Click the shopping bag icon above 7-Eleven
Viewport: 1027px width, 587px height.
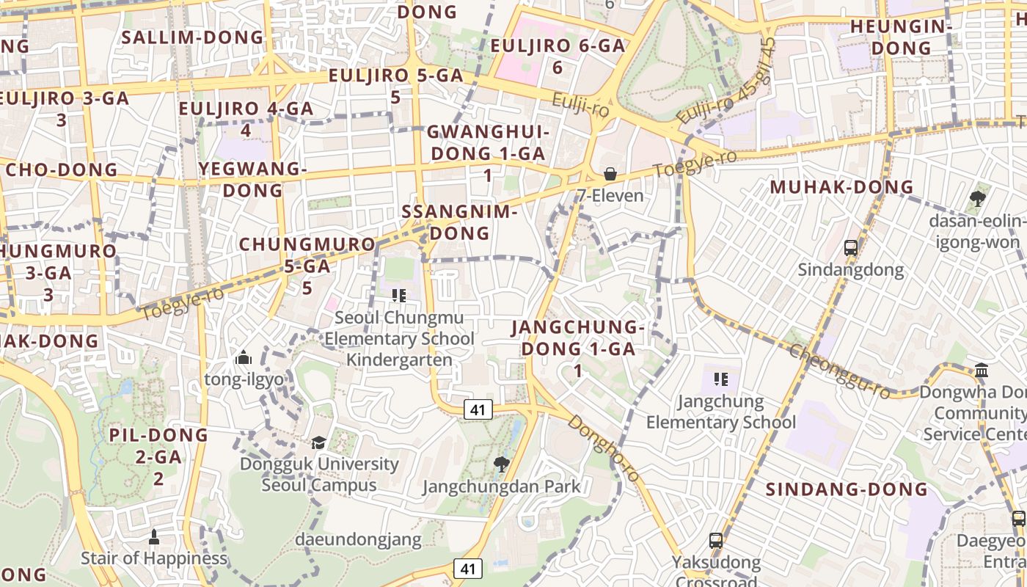(x=610, y=174)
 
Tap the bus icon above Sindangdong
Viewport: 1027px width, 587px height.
(x=851, y=248)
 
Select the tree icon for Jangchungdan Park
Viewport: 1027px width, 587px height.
(x=502, y=464)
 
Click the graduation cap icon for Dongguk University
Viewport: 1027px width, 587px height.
(x=318, y=442)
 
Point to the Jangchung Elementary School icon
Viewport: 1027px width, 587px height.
(x=721, y=379)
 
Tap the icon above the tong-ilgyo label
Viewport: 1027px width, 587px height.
(x=244, y=358)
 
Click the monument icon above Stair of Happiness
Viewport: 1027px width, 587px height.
(x=154, y=537)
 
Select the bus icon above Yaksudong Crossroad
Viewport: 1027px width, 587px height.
(x=716, y=541)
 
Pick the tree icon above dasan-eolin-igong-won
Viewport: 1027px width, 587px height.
(x=977, y=198)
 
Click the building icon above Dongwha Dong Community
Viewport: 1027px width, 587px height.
(x=982, y=371)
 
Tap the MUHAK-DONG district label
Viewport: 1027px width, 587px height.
(x=841, y=187)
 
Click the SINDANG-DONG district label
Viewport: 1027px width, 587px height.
(x=847, y=489)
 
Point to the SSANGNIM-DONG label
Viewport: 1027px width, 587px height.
(x=460, y=222)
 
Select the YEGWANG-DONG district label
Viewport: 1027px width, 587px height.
(x=252, y=180)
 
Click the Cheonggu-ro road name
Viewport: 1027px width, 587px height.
(x=839, y=372)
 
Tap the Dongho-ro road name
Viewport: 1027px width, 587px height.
(x=604, y=449)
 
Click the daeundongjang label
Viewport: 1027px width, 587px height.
(x=358, y=540)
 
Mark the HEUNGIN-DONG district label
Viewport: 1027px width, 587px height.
(x=901, y=37)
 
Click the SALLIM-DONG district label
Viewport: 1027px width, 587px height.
(x=192, y=37)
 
